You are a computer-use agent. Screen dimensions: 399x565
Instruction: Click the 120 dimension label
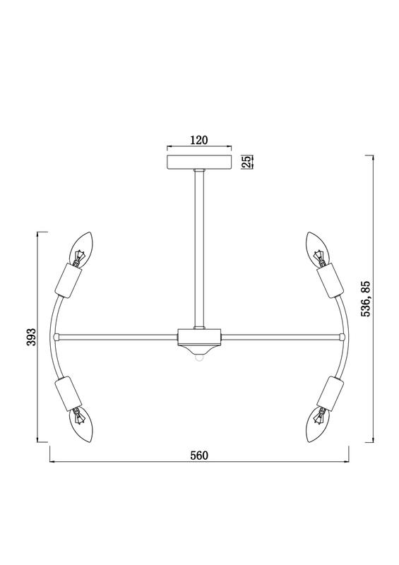(199, 140)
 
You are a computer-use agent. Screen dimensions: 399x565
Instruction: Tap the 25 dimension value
(247, 162)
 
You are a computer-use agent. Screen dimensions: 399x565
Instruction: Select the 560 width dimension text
(199, 456)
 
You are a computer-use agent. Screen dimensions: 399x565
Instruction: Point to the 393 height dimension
(32, 337)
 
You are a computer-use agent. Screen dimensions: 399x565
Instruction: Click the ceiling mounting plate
(199, 162)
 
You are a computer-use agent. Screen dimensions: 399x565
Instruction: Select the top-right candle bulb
(317, 249)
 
